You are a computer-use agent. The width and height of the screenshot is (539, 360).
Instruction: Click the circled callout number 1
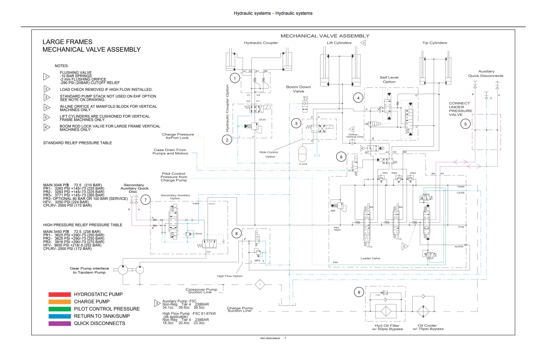[x=234, y=77]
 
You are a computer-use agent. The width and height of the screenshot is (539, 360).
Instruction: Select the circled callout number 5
[x=465, y=124]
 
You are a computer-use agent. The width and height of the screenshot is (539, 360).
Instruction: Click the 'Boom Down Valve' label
[x=298, y=89]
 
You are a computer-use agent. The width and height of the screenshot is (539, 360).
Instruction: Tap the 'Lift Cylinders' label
[x=339, y=43]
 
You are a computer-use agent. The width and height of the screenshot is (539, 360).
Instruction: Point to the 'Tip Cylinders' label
[x=435, y=43]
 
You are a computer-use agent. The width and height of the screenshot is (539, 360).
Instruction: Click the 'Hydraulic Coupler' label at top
[x=261, y=43]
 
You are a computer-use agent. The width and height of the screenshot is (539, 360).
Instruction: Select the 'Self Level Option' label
[x=389, y=79]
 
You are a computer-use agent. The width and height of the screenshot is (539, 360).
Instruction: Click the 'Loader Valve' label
[x=370, y=258]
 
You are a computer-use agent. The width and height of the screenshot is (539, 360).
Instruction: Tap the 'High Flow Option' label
[x=230, y=276]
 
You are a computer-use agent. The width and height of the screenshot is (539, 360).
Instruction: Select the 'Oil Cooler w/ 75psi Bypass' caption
[x=428, y=327]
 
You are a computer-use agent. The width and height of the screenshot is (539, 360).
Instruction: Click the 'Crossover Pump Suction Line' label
[x=201, y=290]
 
